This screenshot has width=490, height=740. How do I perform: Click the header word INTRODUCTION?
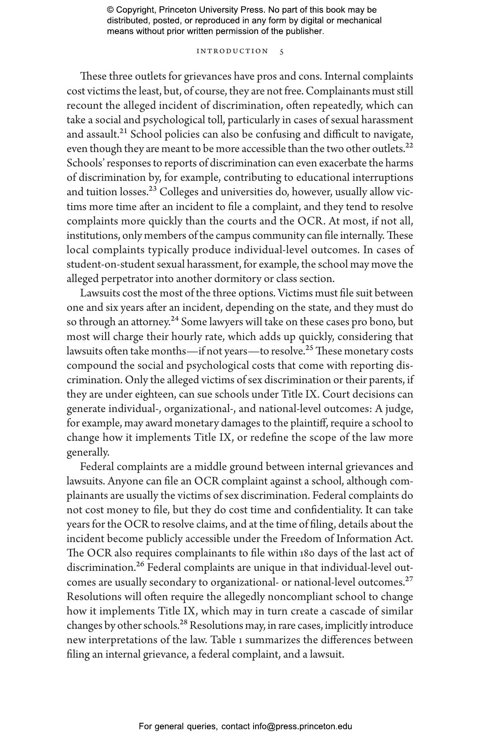232,51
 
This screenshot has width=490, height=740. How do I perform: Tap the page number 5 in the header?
282,52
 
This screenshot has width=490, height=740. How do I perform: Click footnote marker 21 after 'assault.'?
123,131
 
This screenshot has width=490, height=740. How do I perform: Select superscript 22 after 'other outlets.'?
409,145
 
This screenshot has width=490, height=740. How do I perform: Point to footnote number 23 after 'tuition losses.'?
153,188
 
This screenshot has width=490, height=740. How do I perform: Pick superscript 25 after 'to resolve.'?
310,348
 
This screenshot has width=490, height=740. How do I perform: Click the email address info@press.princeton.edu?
302,726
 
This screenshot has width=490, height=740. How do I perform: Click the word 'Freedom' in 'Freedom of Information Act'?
298,539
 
